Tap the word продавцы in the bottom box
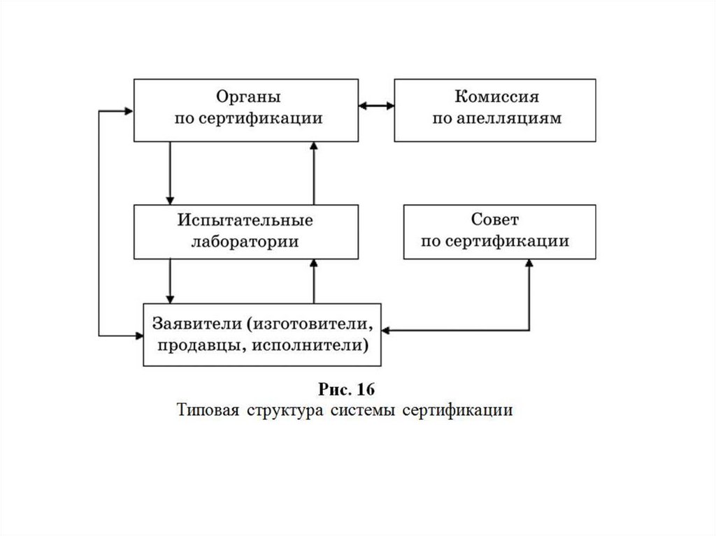tap(190, 345)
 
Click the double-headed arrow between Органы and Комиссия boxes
tap(376, 106)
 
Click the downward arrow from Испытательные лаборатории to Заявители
tap(169, 280)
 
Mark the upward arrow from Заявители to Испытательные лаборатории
tap(314, 280)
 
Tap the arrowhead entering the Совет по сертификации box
tap(529, 264)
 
